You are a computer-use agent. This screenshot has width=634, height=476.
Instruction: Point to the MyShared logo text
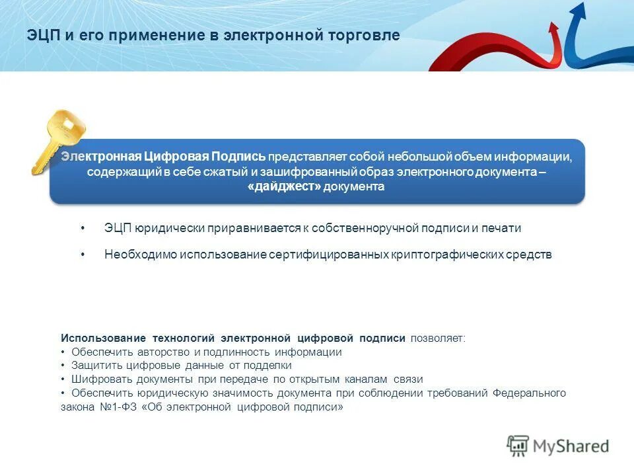tap(572, 446)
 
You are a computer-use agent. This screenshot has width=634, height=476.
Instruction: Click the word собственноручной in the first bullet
tap(365, 228)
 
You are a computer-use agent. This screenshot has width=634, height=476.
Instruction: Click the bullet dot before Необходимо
tap(83, 255)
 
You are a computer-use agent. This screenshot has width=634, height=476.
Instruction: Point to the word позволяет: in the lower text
tap(438, 338)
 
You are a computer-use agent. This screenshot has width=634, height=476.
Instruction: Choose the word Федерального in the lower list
tap(529, 393)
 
